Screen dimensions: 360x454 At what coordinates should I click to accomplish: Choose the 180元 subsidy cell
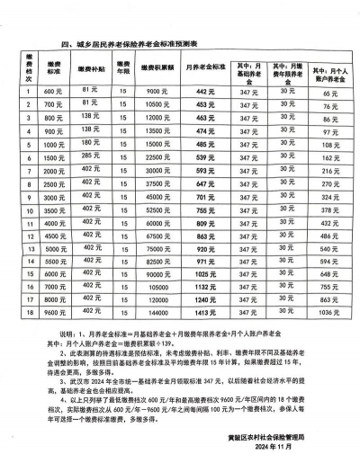pos(89,142)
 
